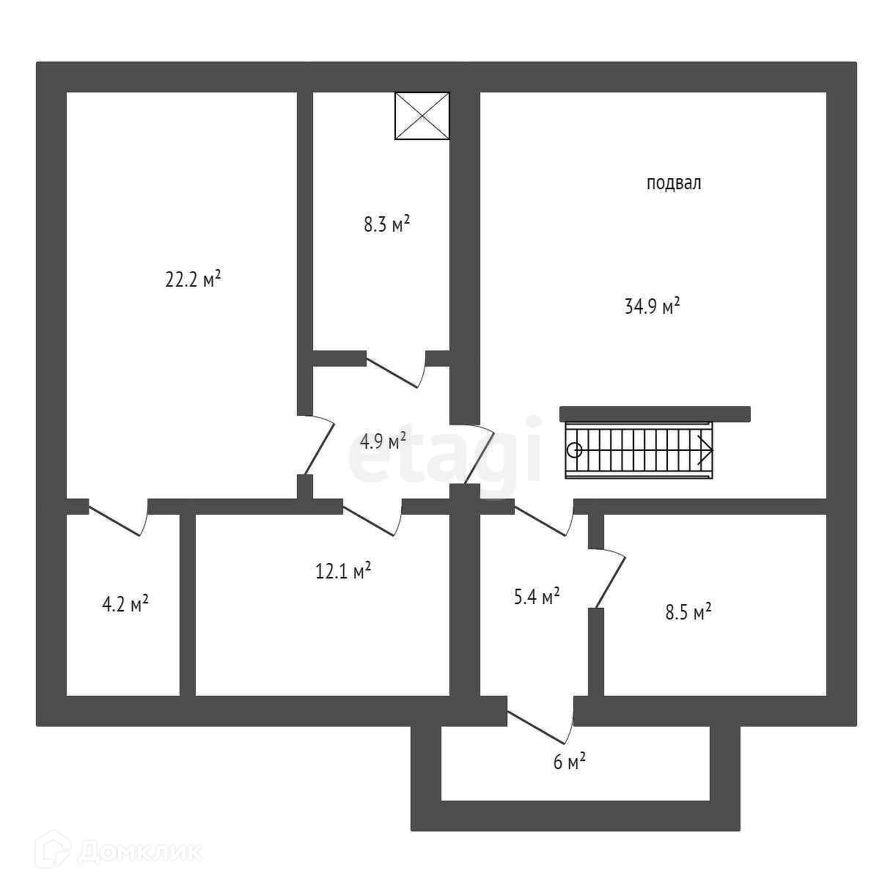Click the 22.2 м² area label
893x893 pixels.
pyautogui.click(x=193, y=279)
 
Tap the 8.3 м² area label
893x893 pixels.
pyautogui.click(x=386, y=224)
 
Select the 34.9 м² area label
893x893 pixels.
pyautogui.click(x=652, y=306)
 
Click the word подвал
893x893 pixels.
pyautogui.click(x=673, y=183)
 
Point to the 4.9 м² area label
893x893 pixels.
pyautogui.click(x=383, y=441)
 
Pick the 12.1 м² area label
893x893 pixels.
pyautogui.click(x=342, y=570)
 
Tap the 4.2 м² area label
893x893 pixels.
pyautogui.click(x=125, y=604)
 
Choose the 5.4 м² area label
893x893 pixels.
pyautogui.click(x=537, y=597)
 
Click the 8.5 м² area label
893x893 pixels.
pyautogui.click(x=688, y=612)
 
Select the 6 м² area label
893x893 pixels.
pyautogui.click(x=569, y=762)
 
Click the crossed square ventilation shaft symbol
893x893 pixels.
pyautogui.click(x=422, y=116)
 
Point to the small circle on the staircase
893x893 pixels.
pyautogui.click(x=575, y=451)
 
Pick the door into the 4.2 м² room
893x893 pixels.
pyautogui.click(x=118, y=519)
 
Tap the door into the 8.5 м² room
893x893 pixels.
pyautogui.click(x=610, y=579)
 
